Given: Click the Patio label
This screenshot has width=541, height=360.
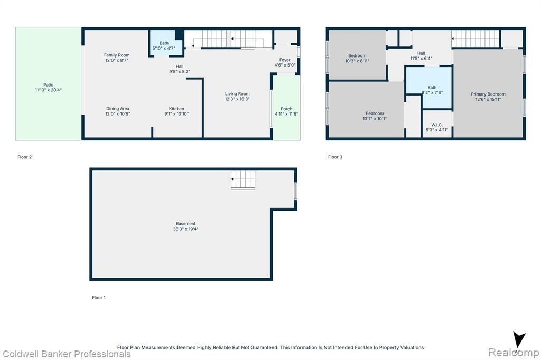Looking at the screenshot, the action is coord(48,85).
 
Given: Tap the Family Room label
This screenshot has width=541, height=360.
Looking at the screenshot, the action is coord(117,55).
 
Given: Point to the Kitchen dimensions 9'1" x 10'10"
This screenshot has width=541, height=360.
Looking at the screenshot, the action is coord(176,114).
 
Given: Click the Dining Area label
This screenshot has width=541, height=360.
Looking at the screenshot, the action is coord(118,109).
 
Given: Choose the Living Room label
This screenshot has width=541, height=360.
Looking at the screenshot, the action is coord(237,94).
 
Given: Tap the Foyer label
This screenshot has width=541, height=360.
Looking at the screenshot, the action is coord(285,60).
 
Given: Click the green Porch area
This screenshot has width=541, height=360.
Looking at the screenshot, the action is coord(286,108).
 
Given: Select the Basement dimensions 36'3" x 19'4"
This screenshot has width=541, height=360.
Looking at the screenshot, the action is coord(185,229).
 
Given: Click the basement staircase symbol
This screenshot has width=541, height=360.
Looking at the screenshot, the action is coord(243,179).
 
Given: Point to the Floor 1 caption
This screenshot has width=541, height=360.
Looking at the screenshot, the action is coord(99,298).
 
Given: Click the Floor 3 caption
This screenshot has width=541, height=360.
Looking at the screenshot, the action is coord(335,157).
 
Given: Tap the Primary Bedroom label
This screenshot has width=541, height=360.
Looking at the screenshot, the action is coord(488,94).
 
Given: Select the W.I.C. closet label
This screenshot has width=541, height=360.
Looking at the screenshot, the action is coord(437,125).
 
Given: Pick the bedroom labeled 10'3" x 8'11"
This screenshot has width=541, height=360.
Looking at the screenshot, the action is coord(357,55).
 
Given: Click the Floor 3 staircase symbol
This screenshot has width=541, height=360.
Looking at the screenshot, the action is coord(475,39).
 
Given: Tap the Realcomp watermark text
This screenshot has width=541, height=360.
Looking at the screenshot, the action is coord(514,353).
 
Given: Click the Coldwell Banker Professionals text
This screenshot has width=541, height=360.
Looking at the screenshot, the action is coord(67,354).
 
